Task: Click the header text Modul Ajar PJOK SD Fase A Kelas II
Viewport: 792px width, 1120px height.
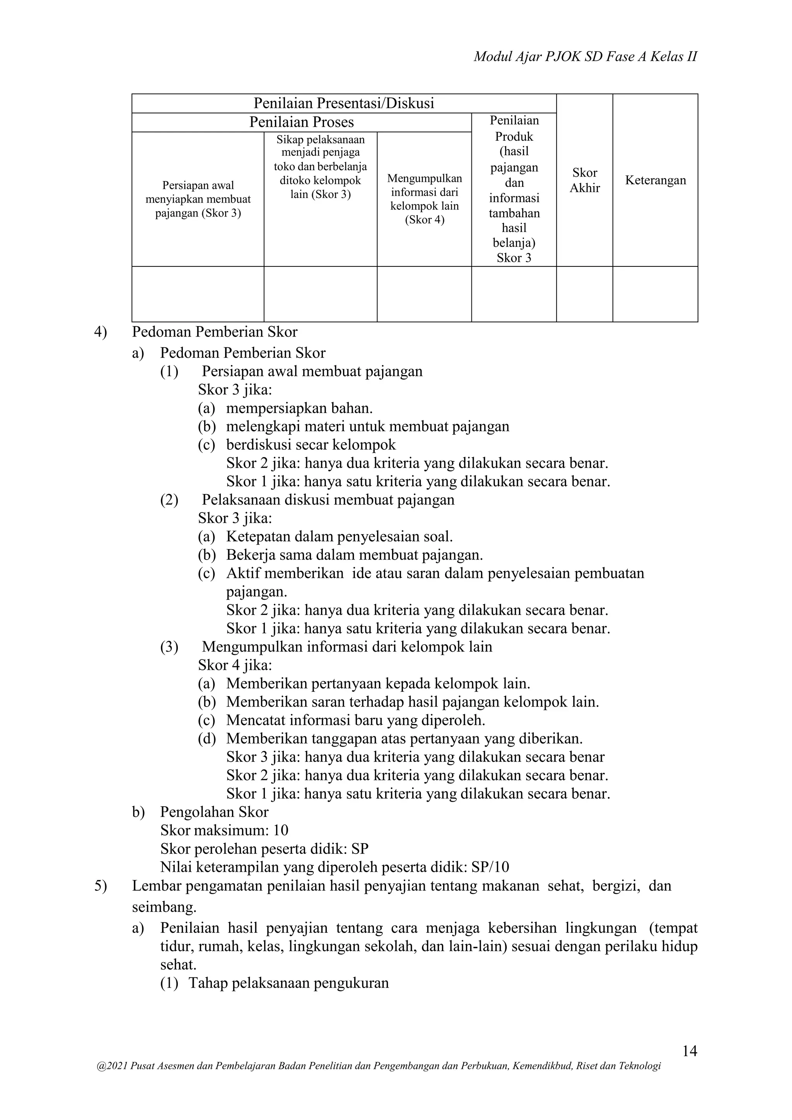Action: coord(585,57)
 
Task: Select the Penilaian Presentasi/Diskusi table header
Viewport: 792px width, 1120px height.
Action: coord(343,103)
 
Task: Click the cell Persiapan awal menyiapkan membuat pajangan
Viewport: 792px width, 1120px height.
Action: coord(198,199)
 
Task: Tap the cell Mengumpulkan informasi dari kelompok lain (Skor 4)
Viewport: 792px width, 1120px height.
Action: coord(424,199)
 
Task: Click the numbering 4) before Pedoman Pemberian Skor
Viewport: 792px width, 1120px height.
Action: coord(101,332)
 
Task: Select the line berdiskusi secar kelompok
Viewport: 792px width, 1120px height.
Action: coord(311,445)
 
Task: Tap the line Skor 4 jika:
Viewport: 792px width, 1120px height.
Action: coord(235,665)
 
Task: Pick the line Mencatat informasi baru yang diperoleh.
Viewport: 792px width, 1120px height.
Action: coord(355,720)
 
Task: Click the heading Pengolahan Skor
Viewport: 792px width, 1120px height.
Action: coord(214,812)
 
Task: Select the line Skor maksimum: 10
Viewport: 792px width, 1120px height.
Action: coord(224,831)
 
